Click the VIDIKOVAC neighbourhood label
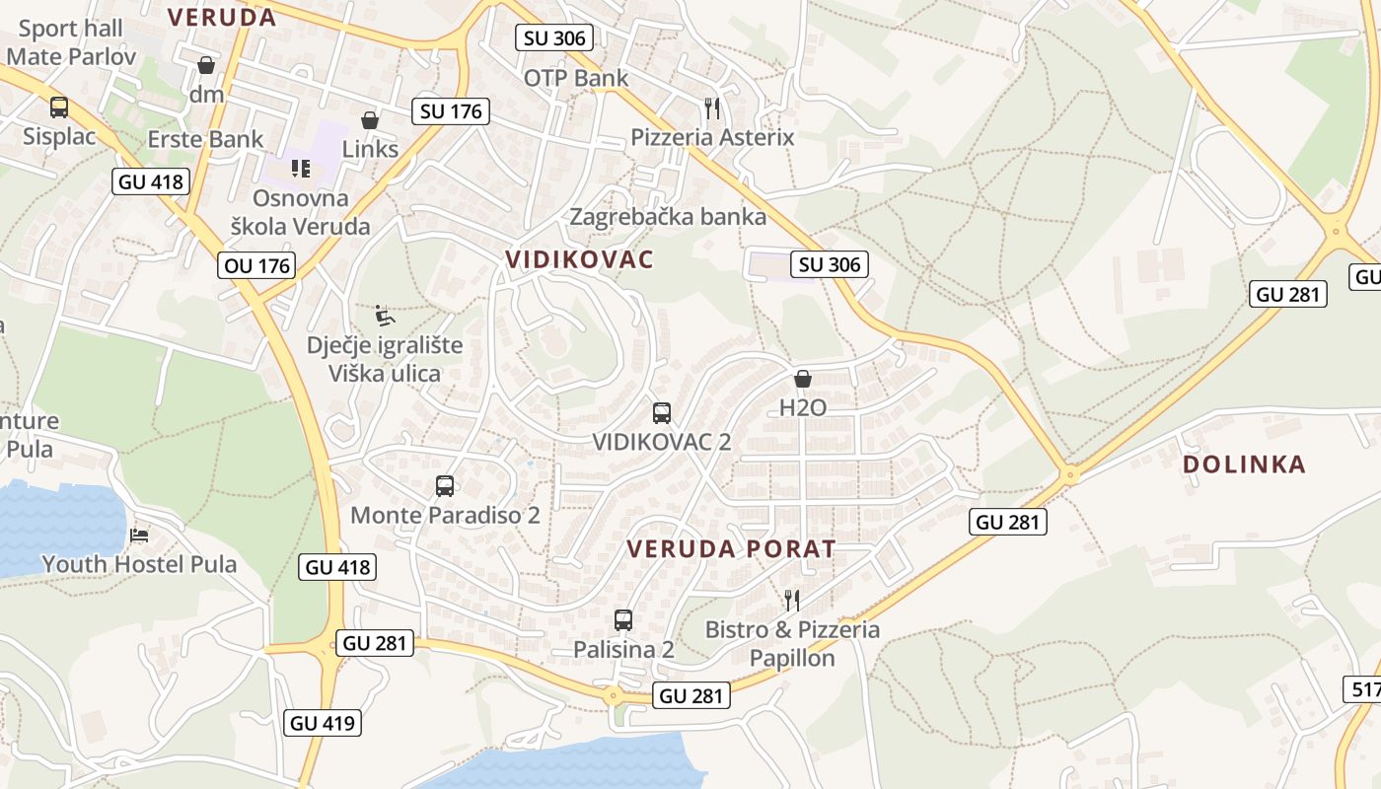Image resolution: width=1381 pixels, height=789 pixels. click(x=579, y=259)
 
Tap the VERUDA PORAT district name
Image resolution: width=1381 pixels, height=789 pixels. click(x=731, y=549)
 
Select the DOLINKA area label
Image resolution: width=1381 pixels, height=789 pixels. click(x=1243, y=464)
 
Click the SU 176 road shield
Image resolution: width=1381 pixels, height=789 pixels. click(x=451, y=111)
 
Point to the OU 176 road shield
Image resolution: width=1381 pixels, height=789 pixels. click(x=257, y=265)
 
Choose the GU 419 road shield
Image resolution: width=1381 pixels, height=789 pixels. click(x=323, y=723)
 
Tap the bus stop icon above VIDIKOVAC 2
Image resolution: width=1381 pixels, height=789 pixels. click(x=661, y=413)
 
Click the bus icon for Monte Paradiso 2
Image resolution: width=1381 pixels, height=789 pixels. click(x=445, y=486)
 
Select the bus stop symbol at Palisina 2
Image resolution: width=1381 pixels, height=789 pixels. click(x=623, y=620)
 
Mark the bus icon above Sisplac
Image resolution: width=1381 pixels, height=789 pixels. click(x=59, y=108)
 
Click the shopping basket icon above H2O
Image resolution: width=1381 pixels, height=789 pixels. click(x=803, y=379)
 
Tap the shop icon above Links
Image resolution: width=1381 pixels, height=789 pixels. click(x=370, y=120)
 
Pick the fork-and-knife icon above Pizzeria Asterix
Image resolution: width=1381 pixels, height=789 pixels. click(x=712, y=108)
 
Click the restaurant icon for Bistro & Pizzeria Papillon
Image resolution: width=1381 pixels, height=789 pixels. click(x=791, y=600)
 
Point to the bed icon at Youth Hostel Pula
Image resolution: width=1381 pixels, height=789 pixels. click(x=139, y=536)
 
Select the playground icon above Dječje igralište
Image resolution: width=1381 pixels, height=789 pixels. click(x=385, y=317)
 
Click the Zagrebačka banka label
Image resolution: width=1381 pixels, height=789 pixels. click(x=668, y=216)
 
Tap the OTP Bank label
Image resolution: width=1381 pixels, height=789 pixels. click(x=576, y=78)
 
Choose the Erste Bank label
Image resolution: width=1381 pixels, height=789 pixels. click(x=205, y=139)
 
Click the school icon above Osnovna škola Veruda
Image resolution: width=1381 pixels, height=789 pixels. click(x=301, y=169)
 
